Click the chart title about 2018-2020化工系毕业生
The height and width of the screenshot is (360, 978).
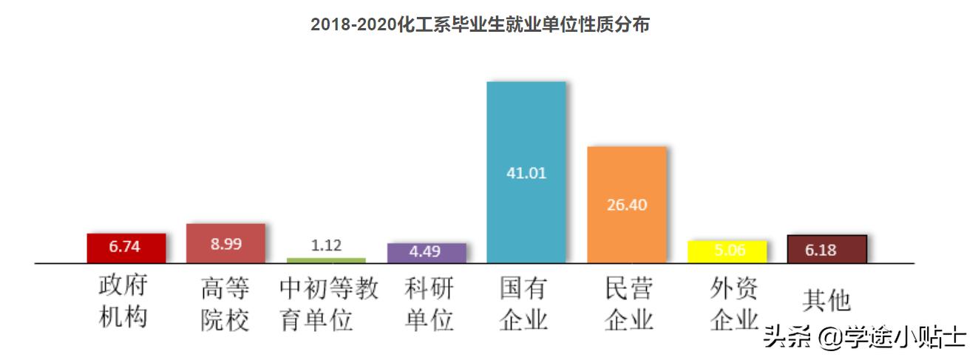pyautogui.click(x=480, y=24)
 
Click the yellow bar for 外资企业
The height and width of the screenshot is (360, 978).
pyautogui.click(x=727, y=251)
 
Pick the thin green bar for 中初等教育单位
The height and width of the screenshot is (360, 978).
pyautogui.click(x=326, y=260)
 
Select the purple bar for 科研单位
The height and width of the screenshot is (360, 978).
pyautogui.click(x=426, y=252)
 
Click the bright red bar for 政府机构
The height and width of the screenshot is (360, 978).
pyautogui.click(x=126, y=248)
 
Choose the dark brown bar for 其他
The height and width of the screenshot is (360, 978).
pyautogui.click(x=826, y=249)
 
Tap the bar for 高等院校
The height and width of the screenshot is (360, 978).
pyautogui.click(x=225, y=243)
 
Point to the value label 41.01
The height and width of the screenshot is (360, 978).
pyautogui.click(x=526, y=174)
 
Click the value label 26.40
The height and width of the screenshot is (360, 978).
pyautogui.click(x=627, y=205)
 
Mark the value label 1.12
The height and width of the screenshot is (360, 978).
pyautogui.click(x=326, y=246)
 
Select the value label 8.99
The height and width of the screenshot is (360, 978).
pyautogui.click(x=225, y=244)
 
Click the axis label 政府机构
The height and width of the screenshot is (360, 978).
pyautogui.click(x=124, y=302)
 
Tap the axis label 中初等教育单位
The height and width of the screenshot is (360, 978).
pyautogui.click(x=328, y=304)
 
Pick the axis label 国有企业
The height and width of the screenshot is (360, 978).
pyautogui.click(x=524, y=304)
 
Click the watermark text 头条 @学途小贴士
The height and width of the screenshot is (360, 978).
pyautogui.click(x=864, y=337)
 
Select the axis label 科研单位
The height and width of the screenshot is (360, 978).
pyautogui.click(x=429, y=304)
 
